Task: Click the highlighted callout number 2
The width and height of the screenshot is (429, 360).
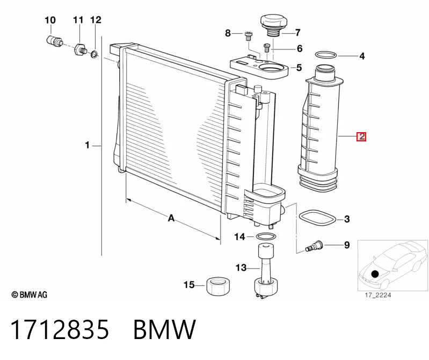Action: click(x=361, y=136)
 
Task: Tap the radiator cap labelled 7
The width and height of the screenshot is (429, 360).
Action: click(x=271, y=25)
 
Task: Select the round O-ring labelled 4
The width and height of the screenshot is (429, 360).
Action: click(x=326, y=55)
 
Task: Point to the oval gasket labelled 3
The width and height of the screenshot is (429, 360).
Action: click(x=318, y=218)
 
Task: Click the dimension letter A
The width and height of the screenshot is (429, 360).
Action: click(x=171, y=218)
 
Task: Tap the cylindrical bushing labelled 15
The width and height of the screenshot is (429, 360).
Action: click(x=218, y=286)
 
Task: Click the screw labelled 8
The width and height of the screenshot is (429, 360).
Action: click(x=249, y=36)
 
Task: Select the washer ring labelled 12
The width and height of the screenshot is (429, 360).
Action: click(x=94, y=54)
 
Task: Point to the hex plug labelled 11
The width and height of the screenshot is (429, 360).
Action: click(x=80, y=49)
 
